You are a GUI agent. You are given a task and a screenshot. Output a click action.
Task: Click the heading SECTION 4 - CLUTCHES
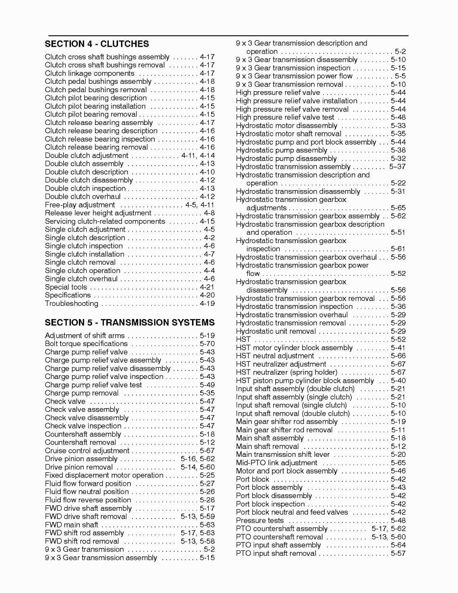[96, 44]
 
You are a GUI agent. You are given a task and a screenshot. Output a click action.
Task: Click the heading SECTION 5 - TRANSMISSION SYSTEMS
[129, 322]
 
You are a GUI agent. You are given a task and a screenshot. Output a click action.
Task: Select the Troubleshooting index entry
[72, 303]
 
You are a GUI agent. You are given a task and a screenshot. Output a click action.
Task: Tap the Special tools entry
[66, 287]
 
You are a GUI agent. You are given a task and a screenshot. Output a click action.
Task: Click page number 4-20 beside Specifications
[207, 295]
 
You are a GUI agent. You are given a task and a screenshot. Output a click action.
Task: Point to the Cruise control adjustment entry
[87, 450]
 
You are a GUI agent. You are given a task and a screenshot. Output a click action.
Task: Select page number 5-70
[207, 344]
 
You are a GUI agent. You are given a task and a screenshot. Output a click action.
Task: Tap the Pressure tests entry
[259, 520]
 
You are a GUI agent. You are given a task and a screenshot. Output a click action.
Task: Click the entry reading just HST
[243, 339]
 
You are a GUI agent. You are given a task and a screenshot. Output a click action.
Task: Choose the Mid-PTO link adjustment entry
[276, 463]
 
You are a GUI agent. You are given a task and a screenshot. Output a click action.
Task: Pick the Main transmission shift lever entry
[283, 454]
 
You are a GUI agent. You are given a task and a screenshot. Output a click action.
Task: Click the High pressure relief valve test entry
[285, 117]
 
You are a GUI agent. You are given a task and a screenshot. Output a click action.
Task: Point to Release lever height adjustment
[98, 213]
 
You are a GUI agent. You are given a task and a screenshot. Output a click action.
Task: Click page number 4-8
[209, 213]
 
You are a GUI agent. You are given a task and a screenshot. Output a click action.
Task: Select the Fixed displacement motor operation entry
[104, 475]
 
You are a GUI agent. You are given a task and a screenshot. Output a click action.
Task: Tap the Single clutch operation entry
[82, 271]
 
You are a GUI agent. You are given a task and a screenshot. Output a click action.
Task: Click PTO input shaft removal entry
[276, 553]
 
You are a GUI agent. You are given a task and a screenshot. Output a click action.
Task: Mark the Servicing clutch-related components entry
[105, 221]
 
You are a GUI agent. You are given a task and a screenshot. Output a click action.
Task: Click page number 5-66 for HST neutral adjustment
[398, 356]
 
